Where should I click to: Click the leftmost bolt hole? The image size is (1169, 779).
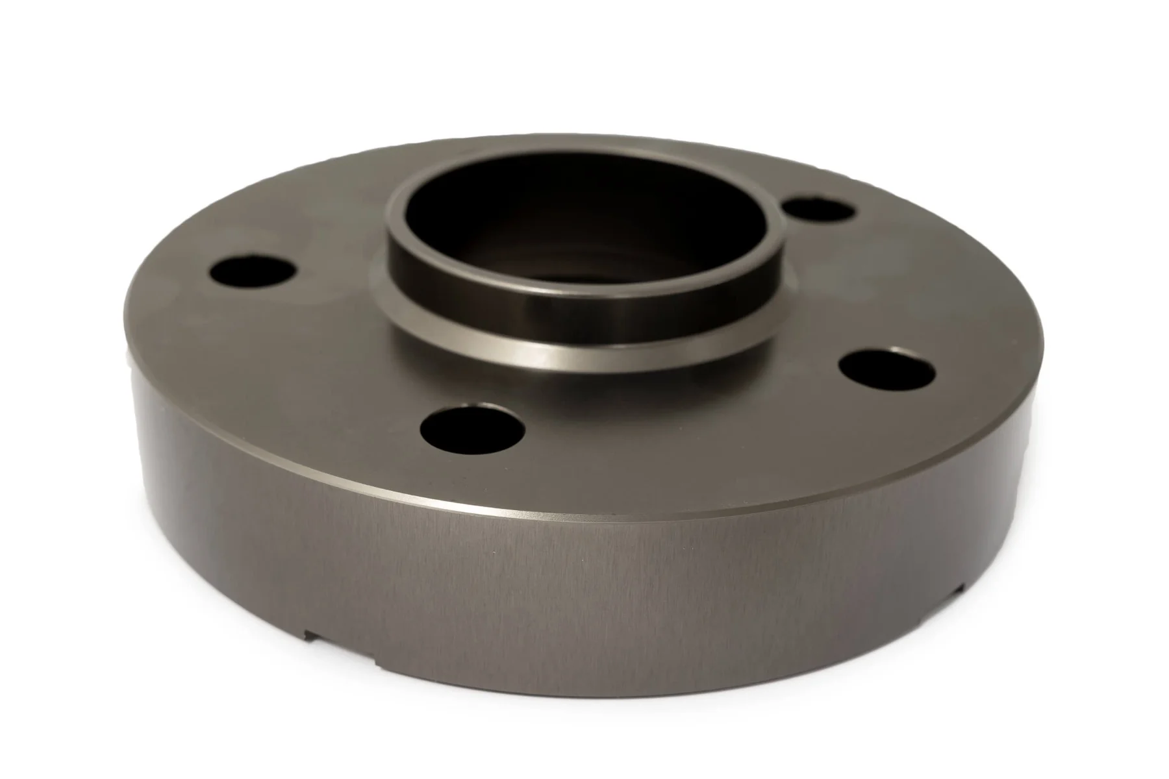[254, 271]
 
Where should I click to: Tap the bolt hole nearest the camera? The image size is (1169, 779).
[472, 427]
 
